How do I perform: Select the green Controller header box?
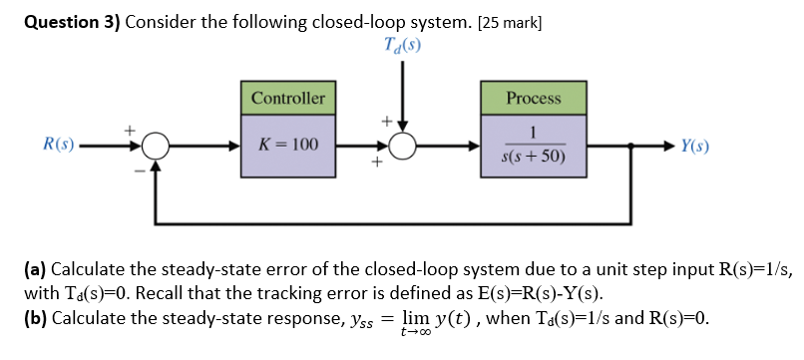[x=288, y=99]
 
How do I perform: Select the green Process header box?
[x=534, y=99]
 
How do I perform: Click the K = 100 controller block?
[x=288, y=146]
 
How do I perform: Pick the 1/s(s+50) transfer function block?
[x=534, y=146]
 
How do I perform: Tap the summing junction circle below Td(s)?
[x=402, y=147]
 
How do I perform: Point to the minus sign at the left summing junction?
[x=140, y=169]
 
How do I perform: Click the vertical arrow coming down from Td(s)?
[x=402, y=95]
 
